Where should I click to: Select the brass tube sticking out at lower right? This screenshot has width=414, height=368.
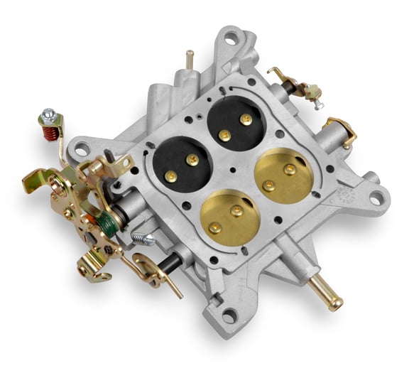326,291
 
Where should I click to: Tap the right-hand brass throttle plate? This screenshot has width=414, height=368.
284,175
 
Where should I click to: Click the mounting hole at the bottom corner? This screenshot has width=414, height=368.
229,316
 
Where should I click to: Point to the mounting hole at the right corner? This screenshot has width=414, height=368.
373,199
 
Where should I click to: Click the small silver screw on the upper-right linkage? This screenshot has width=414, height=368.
318,104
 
